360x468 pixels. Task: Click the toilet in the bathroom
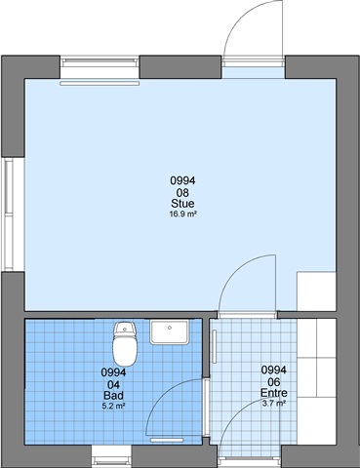point(126,343)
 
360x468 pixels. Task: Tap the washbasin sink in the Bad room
point(170,332)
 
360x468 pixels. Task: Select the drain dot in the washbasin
point(170,328)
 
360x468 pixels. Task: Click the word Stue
point(182,204)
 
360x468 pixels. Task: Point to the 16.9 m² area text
point(183,214)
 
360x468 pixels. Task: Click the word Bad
point(113,396)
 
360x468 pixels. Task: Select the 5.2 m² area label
point(114,406)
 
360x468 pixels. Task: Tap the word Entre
point(274,393)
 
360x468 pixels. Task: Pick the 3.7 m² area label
point(274,404)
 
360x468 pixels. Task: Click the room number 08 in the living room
point(182,193)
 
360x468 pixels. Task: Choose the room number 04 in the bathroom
point(113,385)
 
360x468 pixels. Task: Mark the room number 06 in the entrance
point(274,382)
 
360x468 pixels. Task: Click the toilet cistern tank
point(126,329)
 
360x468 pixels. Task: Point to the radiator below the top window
point(100,84)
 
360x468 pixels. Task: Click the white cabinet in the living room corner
point(316,292)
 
